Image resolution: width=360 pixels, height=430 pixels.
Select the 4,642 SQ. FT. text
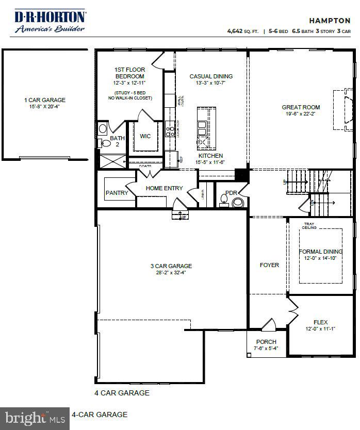242,31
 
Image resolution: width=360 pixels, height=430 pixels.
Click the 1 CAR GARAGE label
45,100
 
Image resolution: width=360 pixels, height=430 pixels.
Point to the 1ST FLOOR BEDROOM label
129,73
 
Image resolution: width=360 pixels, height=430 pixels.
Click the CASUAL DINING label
211,76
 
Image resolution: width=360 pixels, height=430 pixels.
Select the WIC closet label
145,137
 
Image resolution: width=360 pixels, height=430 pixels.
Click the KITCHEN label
211,156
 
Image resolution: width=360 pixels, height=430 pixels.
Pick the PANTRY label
117,193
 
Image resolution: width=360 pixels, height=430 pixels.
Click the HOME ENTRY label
164,188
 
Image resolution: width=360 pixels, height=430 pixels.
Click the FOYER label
269,265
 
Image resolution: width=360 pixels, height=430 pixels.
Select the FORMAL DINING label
320,252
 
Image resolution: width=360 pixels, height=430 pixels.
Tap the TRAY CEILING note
309,226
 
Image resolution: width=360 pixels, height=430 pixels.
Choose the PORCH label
266,342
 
